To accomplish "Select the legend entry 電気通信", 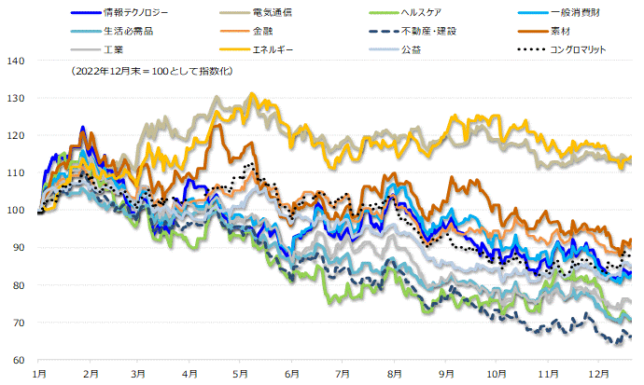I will coord(280,14).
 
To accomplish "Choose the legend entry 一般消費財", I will coord(579,14).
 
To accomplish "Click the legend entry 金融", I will coord(262,31).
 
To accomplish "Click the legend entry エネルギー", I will coord(273,48).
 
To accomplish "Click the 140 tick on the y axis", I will coord(18,61).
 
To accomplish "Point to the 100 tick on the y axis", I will coord(18,211).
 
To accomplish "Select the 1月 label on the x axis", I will coord(39,372).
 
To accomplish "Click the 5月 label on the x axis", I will coord(241,372).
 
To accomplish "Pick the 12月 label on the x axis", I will coord(594,372).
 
